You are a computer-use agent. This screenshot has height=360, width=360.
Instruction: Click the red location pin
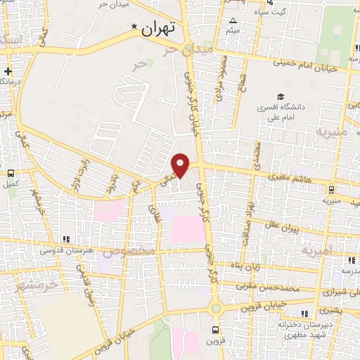pyautogui.click(x=181, y=164)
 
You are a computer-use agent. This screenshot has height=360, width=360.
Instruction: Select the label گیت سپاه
pyautogui.click(x=269, y=13)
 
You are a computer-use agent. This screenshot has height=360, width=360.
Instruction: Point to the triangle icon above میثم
pyautogui.click(x=231, y=20)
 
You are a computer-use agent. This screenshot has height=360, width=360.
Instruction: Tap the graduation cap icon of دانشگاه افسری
pyautogui.click(x=281, y=96)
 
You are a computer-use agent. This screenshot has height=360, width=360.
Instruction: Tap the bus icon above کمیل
pyautogui.click(x=11, y=172)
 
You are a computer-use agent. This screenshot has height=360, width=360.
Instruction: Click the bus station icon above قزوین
pyautogui.click(x=216, y=328)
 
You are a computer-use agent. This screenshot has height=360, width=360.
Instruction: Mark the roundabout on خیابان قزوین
pyautogui.click(x=216, y=308)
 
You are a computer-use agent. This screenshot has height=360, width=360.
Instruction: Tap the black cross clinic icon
pyautogui.click(x=8, y=71)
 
